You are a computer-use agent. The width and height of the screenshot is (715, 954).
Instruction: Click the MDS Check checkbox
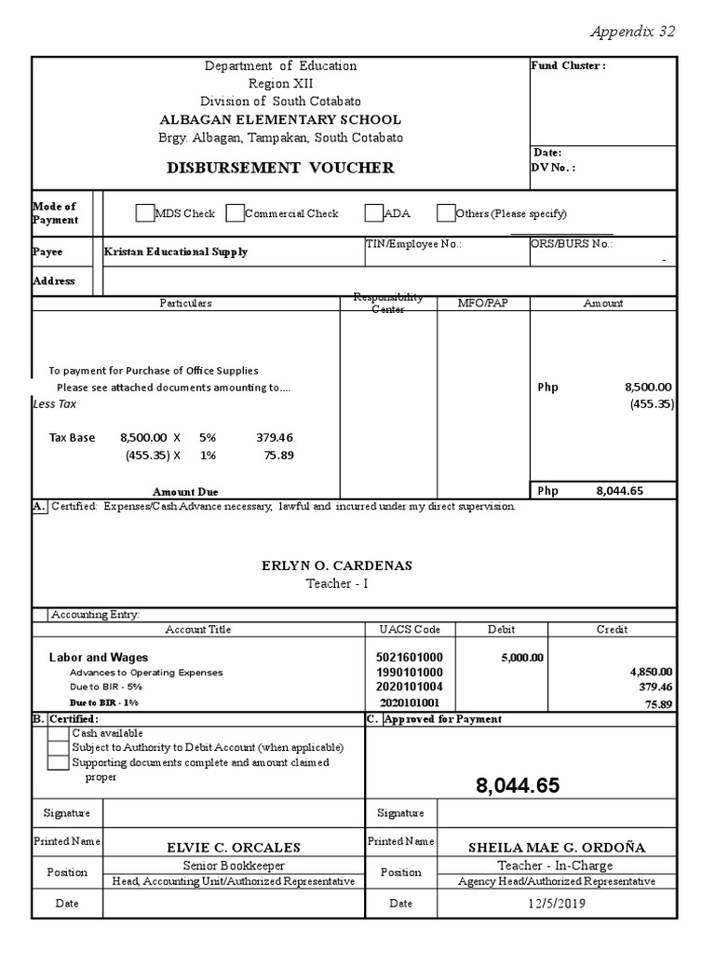(x=143, y=213)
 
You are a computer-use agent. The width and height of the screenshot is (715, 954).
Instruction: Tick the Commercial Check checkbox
(x=235, y=213)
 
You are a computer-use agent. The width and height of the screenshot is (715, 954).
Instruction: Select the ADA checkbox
(x=373, y=213)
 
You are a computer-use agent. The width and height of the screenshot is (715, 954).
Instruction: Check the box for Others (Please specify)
(x=446, y=213)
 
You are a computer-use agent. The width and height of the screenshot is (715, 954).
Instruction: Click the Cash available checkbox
(x=58, y=734)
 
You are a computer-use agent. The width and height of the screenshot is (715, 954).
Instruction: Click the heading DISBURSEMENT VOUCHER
(x=280, y=168)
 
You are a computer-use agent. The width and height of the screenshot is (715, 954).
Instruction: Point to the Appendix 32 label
(x=632, y=31)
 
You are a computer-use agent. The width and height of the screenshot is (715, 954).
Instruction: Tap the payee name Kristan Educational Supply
(x=176, y=252)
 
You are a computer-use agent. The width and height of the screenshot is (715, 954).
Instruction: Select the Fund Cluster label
(x=568, y=66)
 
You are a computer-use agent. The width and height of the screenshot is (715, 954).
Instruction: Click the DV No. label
(x=553, y=168)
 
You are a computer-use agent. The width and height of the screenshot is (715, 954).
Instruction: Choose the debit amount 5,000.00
(x=521, y=657)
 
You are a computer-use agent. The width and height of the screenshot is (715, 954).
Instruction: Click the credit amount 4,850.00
(x=652, y=672)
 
